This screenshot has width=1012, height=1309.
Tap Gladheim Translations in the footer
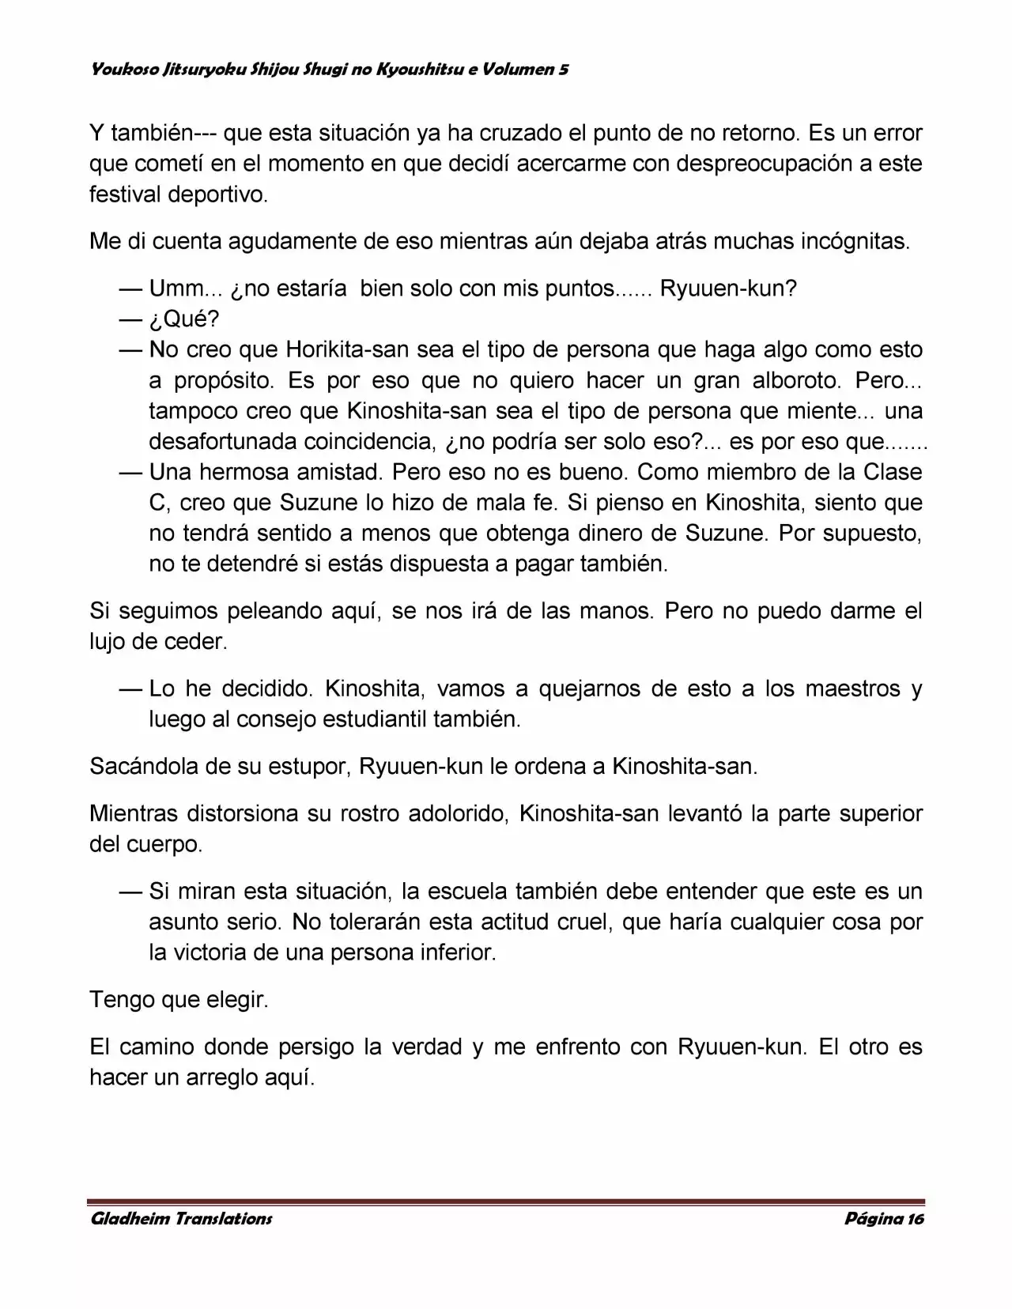(x=181, y=1219)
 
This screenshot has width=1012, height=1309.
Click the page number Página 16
(x=884, y=1219)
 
